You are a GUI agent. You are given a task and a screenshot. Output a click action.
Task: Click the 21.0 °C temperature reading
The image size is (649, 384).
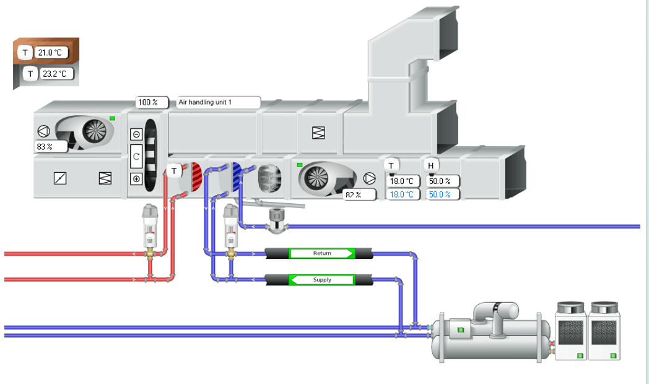coord(51,53)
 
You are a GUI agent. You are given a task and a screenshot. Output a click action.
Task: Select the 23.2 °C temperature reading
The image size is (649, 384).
coord(57,74)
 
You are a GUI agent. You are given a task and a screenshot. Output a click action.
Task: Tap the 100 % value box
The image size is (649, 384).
coord(147,102)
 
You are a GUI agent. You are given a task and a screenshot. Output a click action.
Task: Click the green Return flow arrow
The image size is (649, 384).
coord(322,253)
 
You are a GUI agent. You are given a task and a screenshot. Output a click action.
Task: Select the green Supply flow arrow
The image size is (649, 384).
coord(322,280)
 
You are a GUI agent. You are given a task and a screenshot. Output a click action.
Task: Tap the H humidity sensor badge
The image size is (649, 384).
coord(431,165)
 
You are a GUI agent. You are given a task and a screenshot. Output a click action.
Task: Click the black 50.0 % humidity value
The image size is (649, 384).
coord(443,181)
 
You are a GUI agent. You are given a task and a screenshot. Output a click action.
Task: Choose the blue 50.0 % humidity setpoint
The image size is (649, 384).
coord(443,194)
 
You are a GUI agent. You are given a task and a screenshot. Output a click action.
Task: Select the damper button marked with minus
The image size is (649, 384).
coord(136,134)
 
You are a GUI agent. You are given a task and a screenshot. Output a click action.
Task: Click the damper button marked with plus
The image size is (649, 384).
coord(136,179)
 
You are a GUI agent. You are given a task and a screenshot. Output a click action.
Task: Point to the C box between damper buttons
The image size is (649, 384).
coord(136,157)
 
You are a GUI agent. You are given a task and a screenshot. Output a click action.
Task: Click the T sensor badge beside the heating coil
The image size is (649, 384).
coord(175,170)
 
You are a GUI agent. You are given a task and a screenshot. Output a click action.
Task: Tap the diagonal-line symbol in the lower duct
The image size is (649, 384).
coord(61,179)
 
